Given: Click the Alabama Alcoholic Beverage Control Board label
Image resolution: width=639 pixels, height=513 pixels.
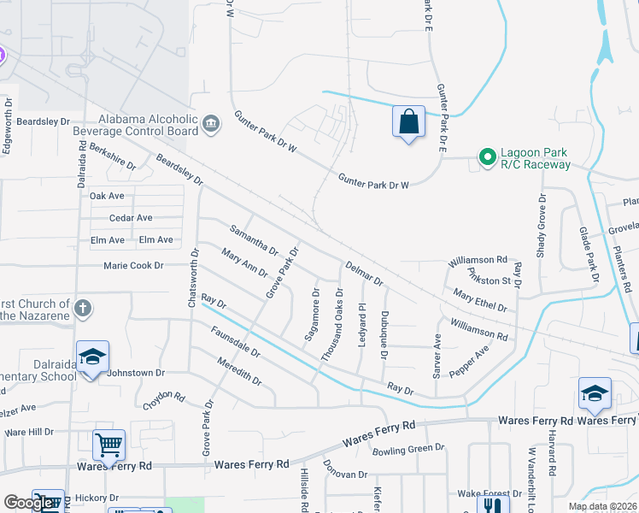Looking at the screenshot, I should pos(148,126).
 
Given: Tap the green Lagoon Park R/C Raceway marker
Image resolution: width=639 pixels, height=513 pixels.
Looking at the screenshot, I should pos(487,156).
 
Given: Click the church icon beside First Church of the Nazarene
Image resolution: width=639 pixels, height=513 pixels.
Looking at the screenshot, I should pos(83,307).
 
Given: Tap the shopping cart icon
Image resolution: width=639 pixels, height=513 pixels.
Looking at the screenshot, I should pos(108,444).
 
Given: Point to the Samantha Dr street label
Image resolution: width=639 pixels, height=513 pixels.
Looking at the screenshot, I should pos(255,239).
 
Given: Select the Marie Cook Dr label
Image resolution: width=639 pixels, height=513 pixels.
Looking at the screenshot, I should pos(133,266).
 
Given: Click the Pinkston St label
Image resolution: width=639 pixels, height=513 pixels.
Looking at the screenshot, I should pos(489,275).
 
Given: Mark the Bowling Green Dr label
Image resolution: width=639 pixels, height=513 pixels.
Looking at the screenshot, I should pos(408,448).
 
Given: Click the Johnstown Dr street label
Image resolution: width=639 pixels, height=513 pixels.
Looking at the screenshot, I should pos(136,373).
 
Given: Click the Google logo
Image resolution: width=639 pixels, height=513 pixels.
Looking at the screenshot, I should pos(28,503).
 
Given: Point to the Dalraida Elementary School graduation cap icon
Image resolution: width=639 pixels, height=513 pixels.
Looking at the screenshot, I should pos(92,357).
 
